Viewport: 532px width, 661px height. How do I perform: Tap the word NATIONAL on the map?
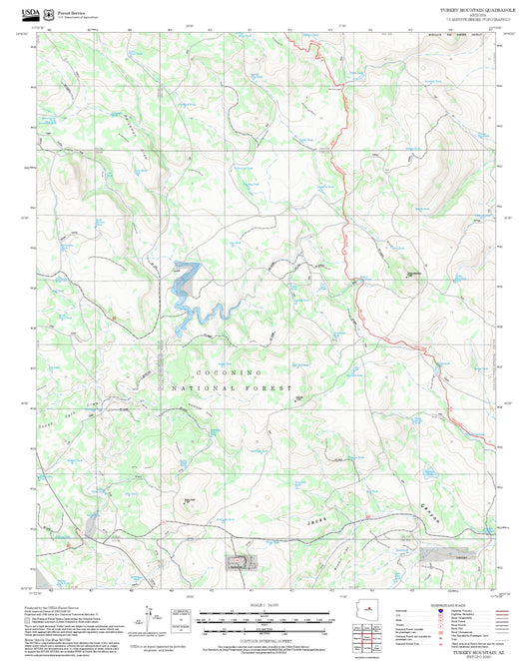207,386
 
